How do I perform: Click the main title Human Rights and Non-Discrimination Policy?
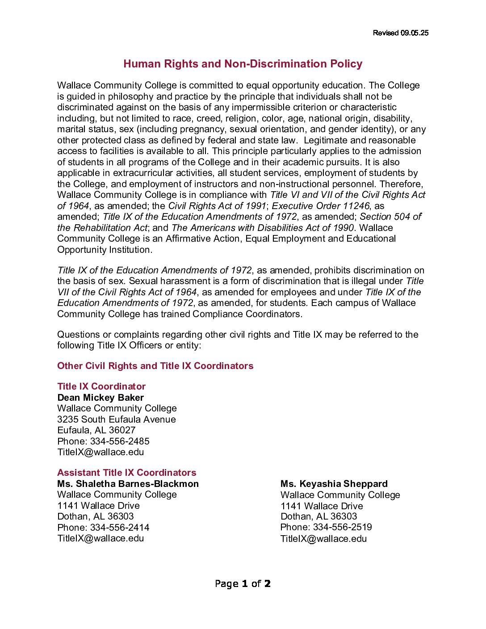pyautogui.click(x=243, y=64)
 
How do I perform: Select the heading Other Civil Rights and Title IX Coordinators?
pyautogui.click(x=155, y=366)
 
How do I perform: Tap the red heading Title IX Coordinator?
pyautogui.click(x=101, y=386)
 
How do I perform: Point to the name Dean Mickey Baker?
pyautogui.click(x=101, y=398)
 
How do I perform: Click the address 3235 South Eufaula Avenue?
pyautogui.click(x=117, y=419)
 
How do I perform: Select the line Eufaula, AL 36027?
pyautogui.click(x=96, y=430)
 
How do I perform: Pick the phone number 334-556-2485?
pyautogui.click(x=120, y=441)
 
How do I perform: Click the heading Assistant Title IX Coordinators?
pyautogui.click(x=127, y=473)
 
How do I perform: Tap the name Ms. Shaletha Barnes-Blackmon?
pyautogui.click(x=128, y=484)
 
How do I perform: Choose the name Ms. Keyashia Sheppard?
pyautogui.click(x=334, y=484)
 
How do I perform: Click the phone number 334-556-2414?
pyautogui.click(x=120, y=528)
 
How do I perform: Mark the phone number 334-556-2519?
pyautogui.click(x=343, y=527)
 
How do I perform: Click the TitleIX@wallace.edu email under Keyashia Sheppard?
pyautogui.click(x=323, y=539)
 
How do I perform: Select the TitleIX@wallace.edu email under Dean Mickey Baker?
pyautogui.click(x=101, y=452)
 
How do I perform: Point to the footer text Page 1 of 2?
pyautogui.click(x=243, y=584)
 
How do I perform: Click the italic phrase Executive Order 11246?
pyautogui.click(x=321, y=206)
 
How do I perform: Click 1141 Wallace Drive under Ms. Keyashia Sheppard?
pyautogui.click(x=322, y=506)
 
